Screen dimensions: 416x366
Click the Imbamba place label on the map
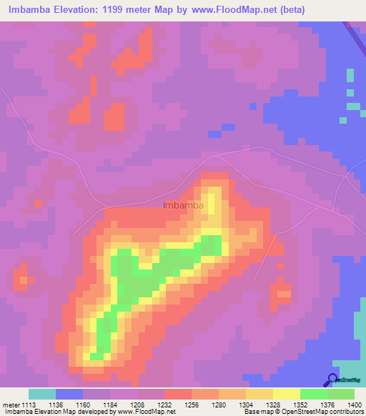184,205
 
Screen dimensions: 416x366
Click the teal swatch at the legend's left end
42,394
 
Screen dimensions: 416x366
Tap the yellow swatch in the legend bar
286,394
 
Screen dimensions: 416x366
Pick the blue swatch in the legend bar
69,394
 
